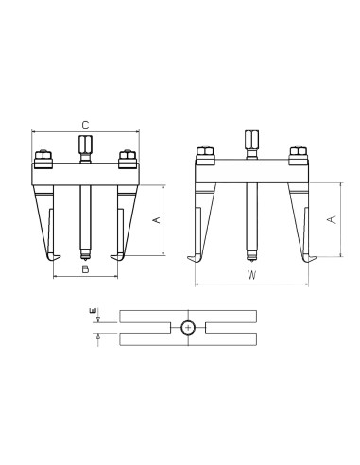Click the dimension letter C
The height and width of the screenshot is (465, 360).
tap(85, 124)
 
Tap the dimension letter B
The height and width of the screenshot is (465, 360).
tap(85, 269)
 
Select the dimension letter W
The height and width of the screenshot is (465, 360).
tap(250, 275)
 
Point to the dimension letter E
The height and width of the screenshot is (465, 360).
tap(93, 311)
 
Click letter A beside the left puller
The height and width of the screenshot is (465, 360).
tap(157, 220)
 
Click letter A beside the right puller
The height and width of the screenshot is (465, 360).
tap(330, 218)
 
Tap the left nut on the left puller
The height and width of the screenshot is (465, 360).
tap(43, 157)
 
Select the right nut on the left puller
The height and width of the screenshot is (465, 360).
tap(124, 157)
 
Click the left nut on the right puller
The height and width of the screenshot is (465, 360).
tap(203, 152)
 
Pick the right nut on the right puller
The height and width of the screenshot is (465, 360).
tap(296, 152)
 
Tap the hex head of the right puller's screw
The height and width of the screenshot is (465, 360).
tap(250, 139)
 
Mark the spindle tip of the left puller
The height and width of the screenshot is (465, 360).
tap(84, 253)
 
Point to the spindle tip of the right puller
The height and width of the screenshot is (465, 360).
tap(250, 253)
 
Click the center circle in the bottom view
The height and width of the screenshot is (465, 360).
tap(188, 327)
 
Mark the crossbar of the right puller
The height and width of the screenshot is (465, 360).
tap(250, 170)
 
